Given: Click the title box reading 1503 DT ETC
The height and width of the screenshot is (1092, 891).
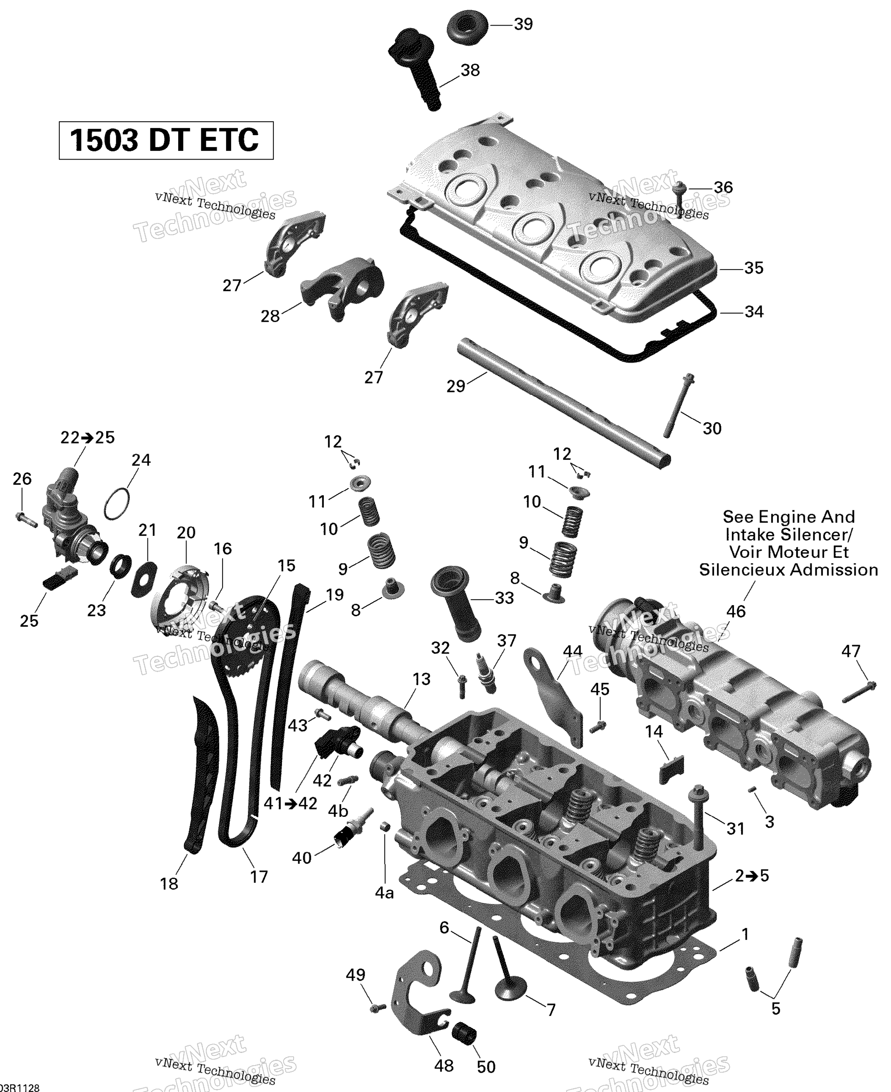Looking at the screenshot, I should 166,140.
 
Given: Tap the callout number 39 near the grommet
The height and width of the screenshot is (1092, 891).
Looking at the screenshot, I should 523,24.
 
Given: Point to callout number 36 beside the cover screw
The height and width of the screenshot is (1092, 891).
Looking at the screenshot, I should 723,187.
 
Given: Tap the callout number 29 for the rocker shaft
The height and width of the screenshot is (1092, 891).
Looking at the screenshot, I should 455,386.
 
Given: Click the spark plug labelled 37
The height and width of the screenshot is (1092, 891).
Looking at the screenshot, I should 486,673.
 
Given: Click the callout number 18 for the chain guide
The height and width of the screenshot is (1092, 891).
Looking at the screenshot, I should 169,884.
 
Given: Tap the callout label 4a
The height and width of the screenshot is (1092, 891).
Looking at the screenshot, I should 384,893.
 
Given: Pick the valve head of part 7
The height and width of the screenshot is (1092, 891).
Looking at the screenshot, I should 510,988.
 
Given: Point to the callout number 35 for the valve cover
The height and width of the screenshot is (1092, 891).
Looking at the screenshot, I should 754,268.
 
